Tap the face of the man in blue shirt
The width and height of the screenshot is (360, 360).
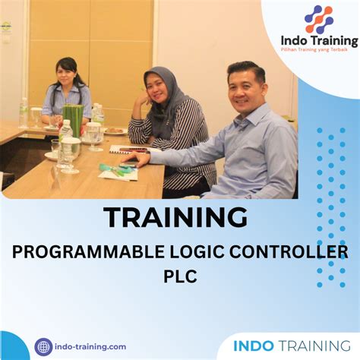pos(246,87)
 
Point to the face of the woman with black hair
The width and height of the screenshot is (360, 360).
pos(71,76)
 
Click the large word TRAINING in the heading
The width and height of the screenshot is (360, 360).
pos(175,218)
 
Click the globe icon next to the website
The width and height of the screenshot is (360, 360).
pos(43,346)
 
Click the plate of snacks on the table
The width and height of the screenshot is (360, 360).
pos(115,130)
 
